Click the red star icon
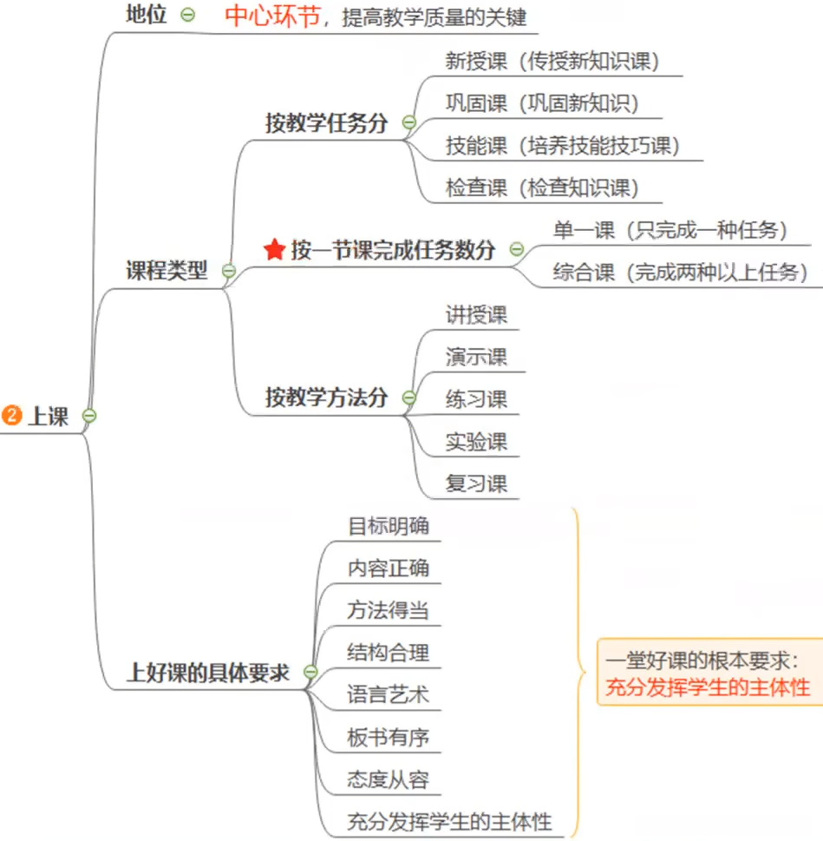274,251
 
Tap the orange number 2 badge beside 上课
12,416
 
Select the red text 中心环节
272,16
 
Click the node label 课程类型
167,270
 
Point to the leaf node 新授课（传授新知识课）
552,62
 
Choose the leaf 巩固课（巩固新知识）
542,103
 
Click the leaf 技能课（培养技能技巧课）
562,145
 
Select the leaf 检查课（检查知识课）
542,187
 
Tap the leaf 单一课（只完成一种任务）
670,230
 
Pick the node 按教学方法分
326,398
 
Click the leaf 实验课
476,441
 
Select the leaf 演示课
476,357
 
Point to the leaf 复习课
476,483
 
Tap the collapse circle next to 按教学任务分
408,123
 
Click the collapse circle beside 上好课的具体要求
310,672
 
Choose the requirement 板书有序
388,738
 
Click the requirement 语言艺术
388,695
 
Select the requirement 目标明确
388,526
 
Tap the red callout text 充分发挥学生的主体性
708,688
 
